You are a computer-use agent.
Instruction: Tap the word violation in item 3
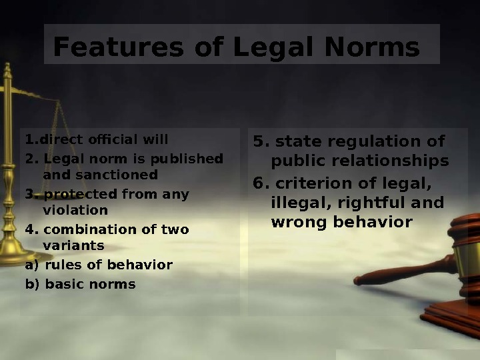pos(75,211)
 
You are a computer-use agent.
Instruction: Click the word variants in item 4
pos(73,246)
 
